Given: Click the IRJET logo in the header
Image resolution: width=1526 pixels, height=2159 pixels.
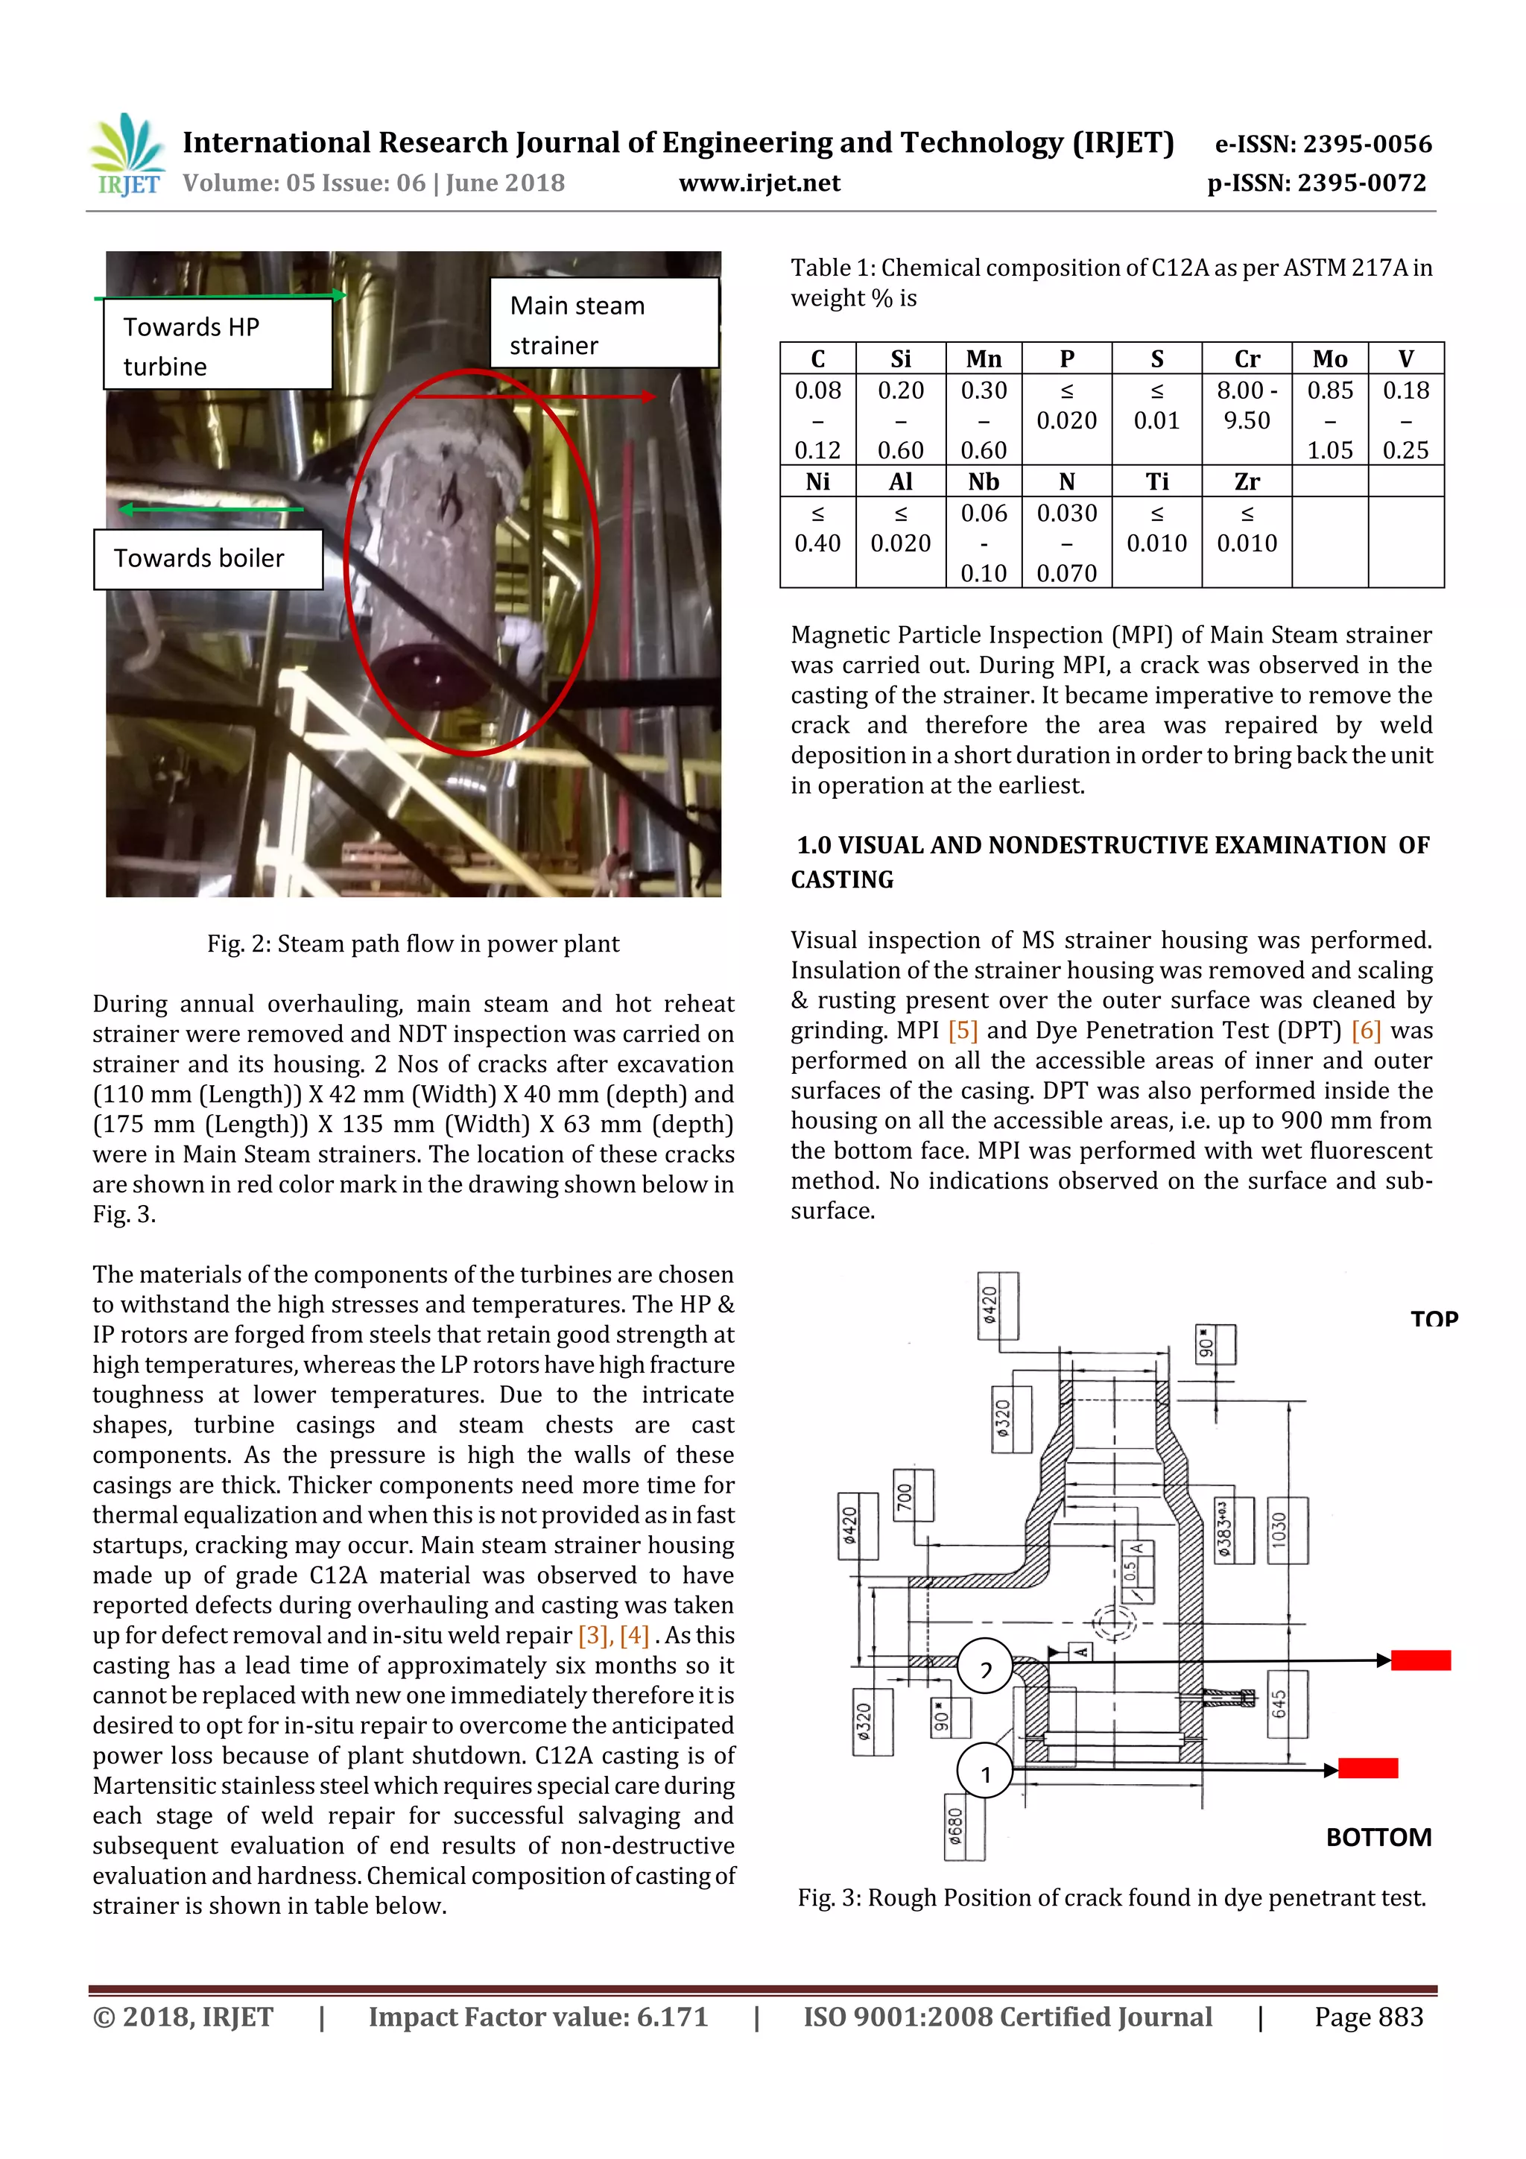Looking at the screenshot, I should coord(127,155).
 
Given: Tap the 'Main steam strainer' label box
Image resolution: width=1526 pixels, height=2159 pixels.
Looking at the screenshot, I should coord(604,324).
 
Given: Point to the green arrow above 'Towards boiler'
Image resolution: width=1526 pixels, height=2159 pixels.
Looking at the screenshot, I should coord(211,510).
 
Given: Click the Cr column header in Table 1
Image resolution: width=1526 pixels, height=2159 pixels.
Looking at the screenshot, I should coord(1246,359).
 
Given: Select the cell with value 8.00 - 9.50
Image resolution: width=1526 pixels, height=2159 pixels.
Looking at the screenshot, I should coord(1246,405).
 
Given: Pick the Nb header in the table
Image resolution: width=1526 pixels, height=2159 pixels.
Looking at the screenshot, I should coord(983,481).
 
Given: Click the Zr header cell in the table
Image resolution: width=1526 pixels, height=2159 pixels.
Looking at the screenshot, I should coord(1246,481).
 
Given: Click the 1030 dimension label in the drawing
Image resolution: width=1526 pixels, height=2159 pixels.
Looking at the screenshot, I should coord(1287,1530).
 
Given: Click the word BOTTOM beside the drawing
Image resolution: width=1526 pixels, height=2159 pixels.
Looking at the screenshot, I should coord(1378,1836).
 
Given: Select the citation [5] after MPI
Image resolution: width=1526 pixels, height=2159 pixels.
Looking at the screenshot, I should coord(963,1031).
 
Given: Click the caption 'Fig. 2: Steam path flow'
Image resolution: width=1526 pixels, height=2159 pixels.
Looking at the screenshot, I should coord(413,944).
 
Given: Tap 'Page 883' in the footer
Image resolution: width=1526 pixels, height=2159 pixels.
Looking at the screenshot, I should coord(1368,2016).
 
